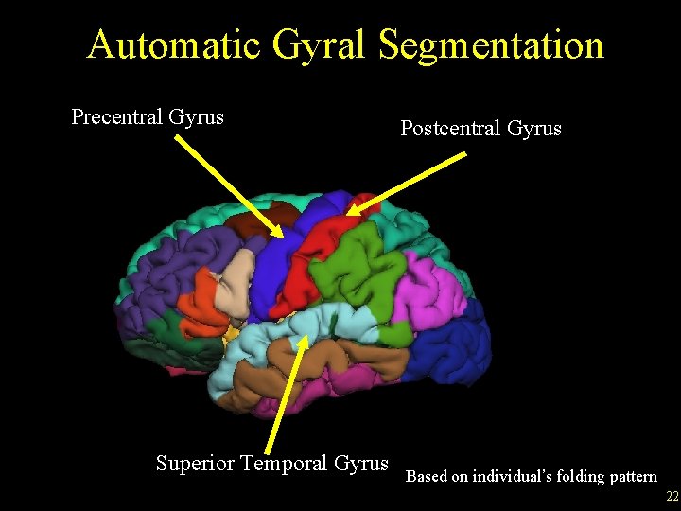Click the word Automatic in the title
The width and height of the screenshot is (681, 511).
click(165, 44)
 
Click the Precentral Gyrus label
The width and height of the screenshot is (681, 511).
click(148, 117)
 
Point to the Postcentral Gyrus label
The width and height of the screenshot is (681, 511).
click(480, 128)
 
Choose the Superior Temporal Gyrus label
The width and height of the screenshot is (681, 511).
click(271, 463)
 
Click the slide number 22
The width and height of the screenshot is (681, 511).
click(672, 497)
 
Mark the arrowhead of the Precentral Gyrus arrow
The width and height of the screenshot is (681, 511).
click(281, 235)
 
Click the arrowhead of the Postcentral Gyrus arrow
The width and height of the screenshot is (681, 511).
click(350, 214)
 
